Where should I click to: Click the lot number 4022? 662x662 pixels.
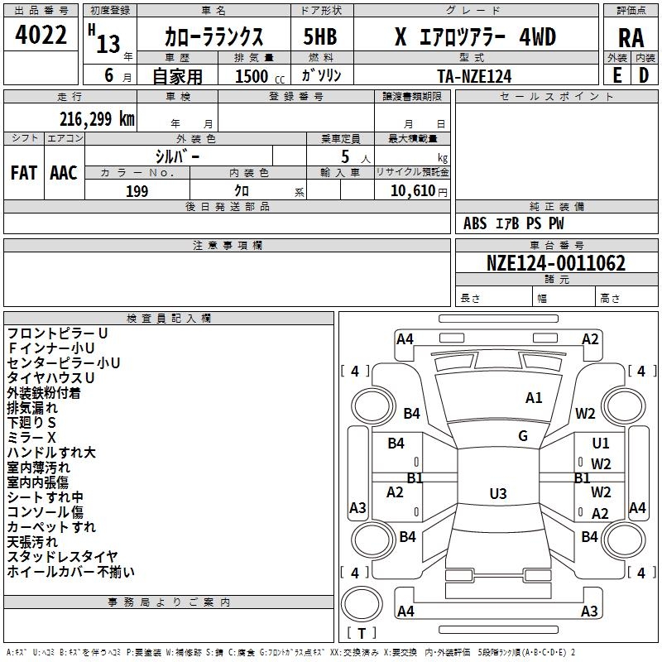41,36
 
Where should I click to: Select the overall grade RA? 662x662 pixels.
631,37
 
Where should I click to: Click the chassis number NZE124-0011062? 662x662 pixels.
556,264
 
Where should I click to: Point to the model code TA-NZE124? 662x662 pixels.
474,76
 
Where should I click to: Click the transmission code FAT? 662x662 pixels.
23,173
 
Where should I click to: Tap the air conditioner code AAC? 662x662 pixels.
64,173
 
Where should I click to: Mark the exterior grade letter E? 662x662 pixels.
616,75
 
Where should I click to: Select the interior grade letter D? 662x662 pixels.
644,75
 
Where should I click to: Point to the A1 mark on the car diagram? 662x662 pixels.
534,398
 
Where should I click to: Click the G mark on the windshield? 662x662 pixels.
523,435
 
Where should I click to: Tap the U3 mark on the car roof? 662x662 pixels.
497,493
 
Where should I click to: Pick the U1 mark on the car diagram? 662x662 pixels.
600,444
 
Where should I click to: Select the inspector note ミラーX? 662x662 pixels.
31,437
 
